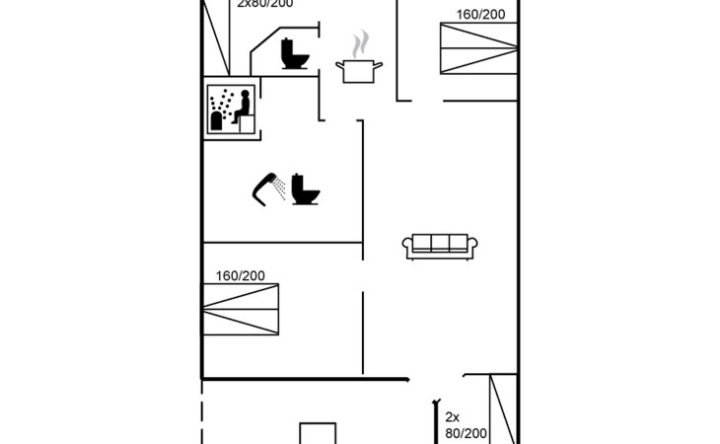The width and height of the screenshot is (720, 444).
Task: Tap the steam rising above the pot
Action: click(362, 44)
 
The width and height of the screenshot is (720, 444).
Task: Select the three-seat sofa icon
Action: click(440, 246)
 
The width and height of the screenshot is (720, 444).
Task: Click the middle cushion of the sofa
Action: click(440, 243)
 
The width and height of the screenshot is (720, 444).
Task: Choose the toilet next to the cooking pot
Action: click(293, 53)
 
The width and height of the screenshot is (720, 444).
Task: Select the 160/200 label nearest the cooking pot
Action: click(480, 15)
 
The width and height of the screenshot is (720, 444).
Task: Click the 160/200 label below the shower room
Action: click(241, 276)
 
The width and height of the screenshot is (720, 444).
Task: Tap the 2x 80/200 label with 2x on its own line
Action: click(465, 425)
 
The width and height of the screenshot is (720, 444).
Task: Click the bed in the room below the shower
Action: click(241, 311)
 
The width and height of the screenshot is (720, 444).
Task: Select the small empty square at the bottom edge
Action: click(318, 434)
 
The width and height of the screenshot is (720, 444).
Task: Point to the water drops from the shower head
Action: click(281, 186)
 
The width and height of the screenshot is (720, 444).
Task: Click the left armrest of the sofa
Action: click(407, 246)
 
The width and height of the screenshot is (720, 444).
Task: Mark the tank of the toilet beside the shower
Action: click(299, 182)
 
